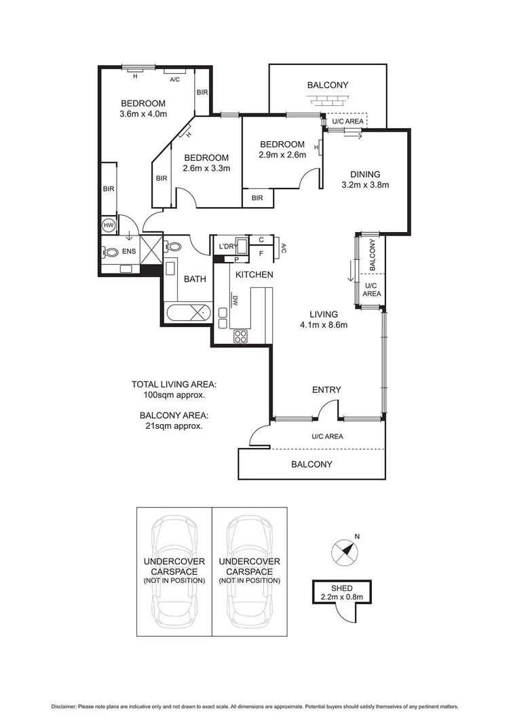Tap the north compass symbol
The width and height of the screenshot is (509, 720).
pos(345,552)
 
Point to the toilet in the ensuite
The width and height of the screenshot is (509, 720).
pos(111,252)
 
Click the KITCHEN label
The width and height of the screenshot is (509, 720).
pos(254,274)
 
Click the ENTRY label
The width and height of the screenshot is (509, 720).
pos(326,390)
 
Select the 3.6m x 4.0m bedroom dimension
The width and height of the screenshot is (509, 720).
pos(143,113)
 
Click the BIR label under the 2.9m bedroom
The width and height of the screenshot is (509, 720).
pos(257,198)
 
